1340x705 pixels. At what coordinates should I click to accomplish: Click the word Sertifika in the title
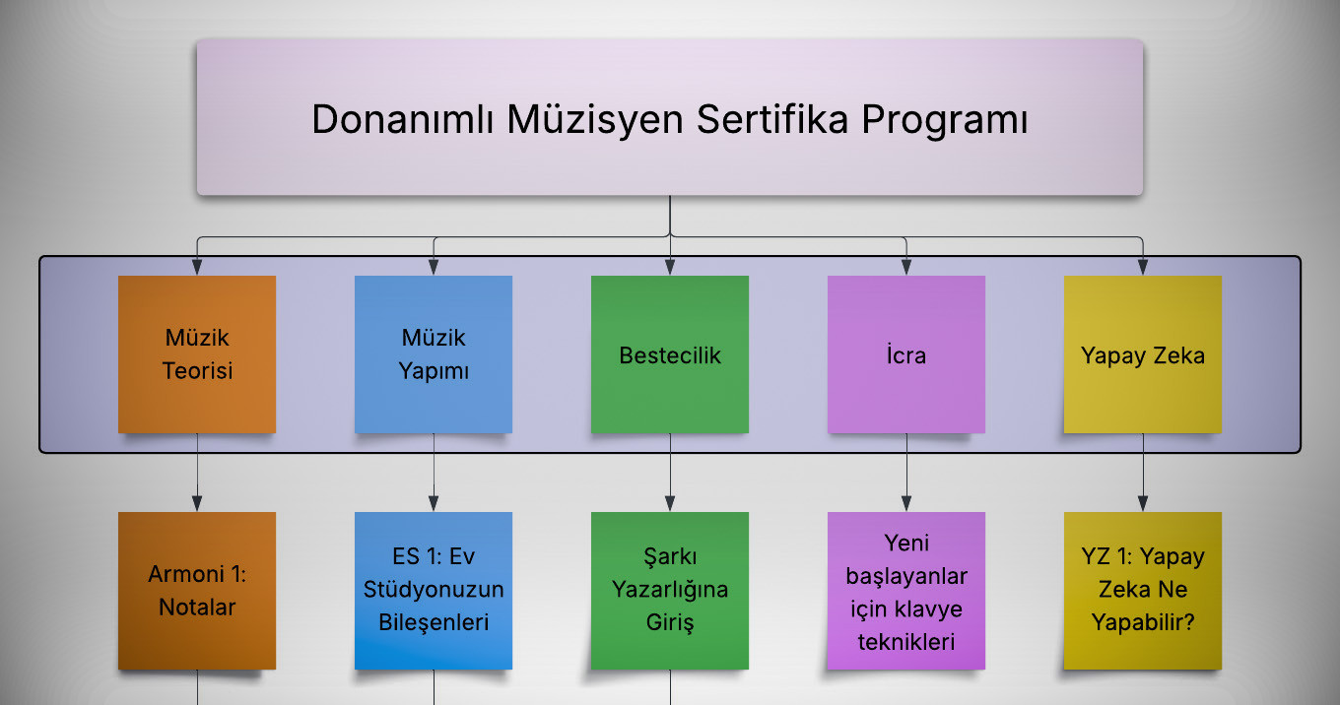pyautogui.click(x=772, y=119)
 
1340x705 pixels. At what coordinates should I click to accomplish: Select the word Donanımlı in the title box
pyautogui.click(x=403, y=119)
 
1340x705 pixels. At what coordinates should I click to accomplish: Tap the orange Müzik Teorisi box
pyautogui.click(x=197, y=354)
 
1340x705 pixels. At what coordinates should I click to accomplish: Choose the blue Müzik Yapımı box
pyautogui.click(x=434, y=354)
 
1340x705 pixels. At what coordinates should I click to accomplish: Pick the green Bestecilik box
pyautogui.click(x=670, y=354)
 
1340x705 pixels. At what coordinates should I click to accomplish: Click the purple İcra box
pyautogui.click(x=906, y=354)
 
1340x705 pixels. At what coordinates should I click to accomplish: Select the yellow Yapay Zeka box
pyautogui.click(x=1143, y=354)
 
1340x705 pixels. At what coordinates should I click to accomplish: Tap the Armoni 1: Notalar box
pyautogui.click(x=197, y=590)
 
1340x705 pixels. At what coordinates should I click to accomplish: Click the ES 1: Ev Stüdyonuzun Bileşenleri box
pyautogui.click(x=434, y=590)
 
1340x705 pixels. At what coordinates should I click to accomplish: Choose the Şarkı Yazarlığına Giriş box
pyautogui.click(x=670, y=590)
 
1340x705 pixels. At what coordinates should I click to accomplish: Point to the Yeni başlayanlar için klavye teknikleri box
pyautogui.click(x=906, y=590)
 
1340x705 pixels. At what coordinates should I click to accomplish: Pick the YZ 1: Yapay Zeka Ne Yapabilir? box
pyautogui.click(x=1143, y=590)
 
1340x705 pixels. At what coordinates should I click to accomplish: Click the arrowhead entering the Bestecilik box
pyautogui.click(x=670, y=267)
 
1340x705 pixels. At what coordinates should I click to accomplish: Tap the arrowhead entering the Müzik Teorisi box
pyautogui.click(x=197, y=267)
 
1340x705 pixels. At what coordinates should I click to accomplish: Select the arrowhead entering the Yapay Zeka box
pyautogui.click(x=1143, y=267)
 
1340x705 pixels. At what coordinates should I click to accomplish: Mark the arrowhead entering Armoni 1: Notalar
pyautogui.click(x=197, y=503)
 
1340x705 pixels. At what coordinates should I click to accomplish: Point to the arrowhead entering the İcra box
pyautogui.click(x=906, y=267)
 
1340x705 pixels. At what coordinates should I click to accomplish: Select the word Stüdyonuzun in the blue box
pyautogui.click(x=434, y=590)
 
